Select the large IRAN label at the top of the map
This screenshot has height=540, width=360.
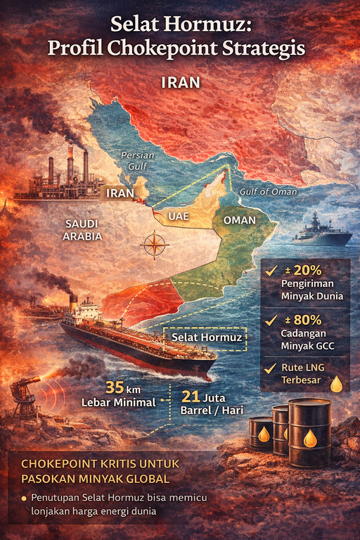click(180, 83)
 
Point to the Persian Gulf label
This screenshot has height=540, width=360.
click(136, 160)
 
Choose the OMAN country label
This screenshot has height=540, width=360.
click(238, 220)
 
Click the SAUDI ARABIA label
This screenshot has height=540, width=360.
click(82, 230)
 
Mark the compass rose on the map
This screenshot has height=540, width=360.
click(155, 245)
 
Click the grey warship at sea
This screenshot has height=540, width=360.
click(321, 233)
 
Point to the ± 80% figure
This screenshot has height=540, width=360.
click(303, 320)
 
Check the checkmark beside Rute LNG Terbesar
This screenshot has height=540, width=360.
click(269, 367)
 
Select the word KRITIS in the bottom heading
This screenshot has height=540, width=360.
click(105, 465)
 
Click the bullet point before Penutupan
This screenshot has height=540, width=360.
click(23, 498)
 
